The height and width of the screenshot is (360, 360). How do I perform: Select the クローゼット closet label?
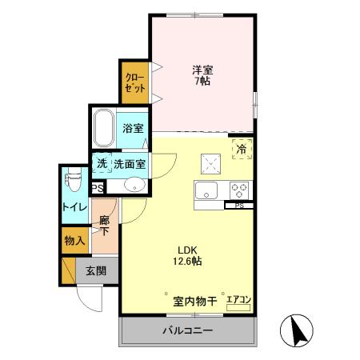click(134, 82)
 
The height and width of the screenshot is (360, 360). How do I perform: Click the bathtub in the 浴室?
click(105, 128)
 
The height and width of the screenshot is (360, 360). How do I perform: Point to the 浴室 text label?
click(133, 128)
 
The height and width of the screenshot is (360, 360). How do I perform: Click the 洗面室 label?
click(130, 164)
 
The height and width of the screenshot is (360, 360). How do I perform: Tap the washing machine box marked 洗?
click(102, 164)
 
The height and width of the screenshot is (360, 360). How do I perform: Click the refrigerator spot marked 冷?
click(241, 148)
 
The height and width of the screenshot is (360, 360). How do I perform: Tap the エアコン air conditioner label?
click(238, 301)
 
